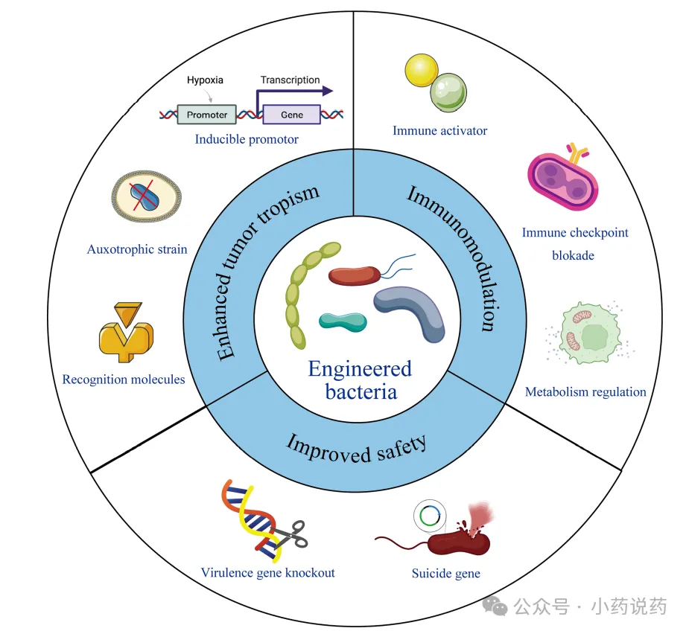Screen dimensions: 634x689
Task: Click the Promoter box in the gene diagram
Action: coord(207,115)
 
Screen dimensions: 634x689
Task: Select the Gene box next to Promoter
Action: coord(292,115)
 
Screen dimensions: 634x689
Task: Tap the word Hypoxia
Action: coord(205,80)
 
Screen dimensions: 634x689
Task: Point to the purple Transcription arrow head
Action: coord(327,92)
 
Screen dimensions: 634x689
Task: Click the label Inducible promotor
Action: coord(247,139)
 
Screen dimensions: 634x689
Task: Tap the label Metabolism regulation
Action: coord(585,391)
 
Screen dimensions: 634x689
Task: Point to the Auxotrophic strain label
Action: coord(137,249)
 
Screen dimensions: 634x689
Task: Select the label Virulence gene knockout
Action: coord(267,573)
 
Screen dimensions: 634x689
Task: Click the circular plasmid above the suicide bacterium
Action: coord(429,515)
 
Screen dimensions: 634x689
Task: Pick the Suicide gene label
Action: coord(445,574)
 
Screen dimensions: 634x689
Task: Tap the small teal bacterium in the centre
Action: coord(343,321)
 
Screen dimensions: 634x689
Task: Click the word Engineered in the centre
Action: coord(360,368)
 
